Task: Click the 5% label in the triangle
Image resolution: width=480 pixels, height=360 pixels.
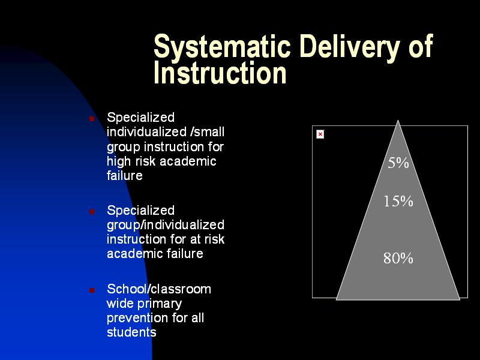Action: pos(398,163)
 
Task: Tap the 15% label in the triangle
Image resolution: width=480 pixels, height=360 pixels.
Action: pos(398,201)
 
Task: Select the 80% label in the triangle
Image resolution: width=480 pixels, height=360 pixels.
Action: pos(398,258)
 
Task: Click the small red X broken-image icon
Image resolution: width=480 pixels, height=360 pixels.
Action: pos(320,134)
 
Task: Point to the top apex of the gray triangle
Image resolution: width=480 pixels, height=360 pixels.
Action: pos(398,121)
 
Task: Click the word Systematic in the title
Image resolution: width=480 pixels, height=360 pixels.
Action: pos(222,47)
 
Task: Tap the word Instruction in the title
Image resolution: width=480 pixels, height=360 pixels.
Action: pos(220,73)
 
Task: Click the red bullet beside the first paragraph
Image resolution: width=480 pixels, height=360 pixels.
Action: pos(92,118)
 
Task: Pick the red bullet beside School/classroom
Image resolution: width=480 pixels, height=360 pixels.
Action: pos(92,290)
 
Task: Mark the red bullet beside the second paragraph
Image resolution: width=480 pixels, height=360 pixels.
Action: pos(92,211)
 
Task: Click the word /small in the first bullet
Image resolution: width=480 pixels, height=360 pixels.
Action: pos(207,132)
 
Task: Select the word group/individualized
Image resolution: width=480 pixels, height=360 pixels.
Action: pos(166,225)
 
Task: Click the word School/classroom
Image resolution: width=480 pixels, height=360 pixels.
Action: pos(159,289)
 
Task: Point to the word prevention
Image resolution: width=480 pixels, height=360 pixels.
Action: pos(138,319)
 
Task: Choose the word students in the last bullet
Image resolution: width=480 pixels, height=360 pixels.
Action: pos(131,332)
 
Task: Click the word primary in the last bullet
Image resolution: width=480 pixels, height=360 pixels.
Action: pos(160,304)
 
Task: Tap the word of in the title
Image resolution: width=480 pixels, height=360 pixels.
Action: pos(421,47)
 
